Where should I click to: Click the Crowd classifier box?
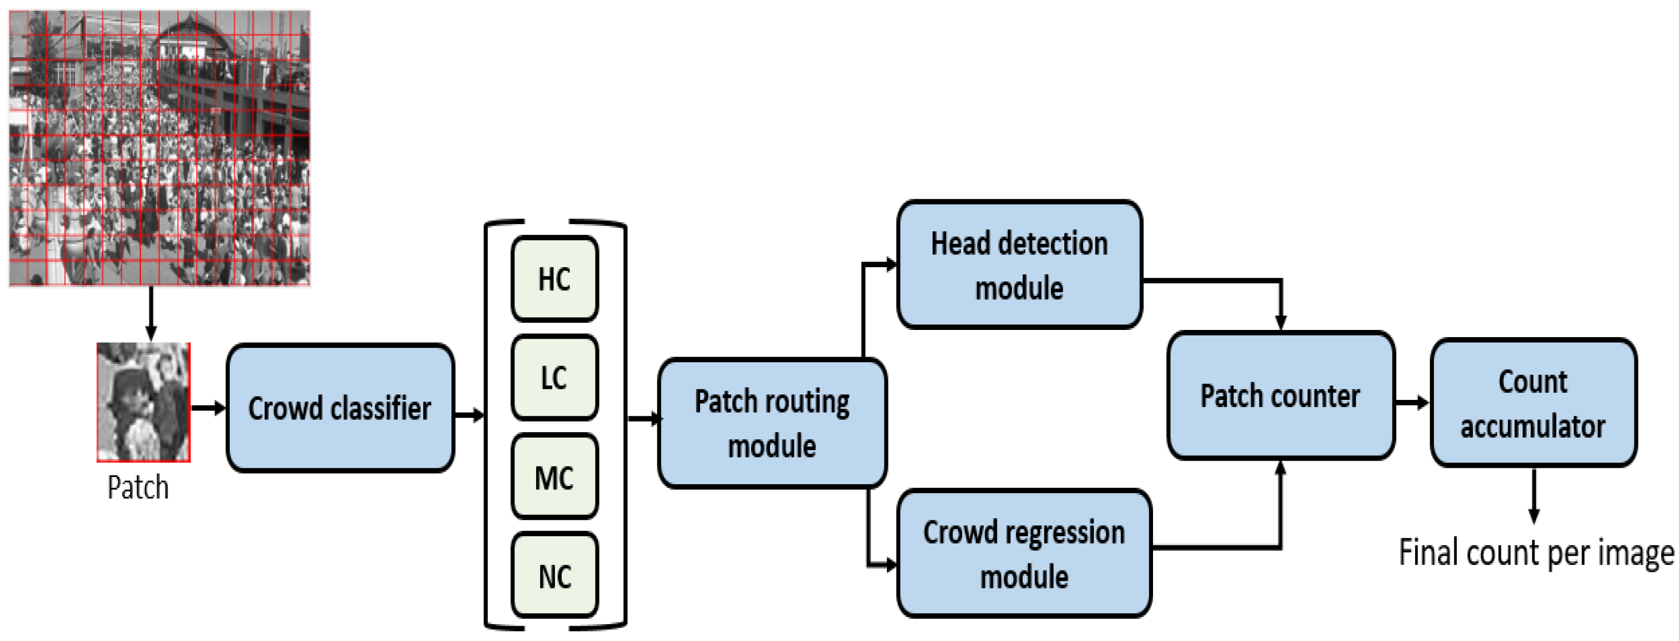(340, 408)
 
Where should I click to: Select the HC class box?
(555, 279)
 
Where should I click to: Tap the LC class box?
(555, 377)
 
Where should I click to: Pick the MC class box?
(555, 477)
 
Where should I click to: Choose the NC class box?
(555, 576)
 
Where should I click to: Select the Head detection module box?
(1019, 265)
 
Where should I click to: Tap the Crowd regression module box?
(1024, 554)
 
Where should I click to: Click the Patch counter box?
(1280, 396)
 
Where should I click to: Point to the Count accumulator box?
(1533, 403)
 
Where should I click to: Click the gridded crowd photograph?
(160, 148)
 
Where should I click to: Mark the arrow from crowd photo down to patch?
(151, 314)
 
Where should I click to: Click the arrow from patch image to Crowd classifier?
(208, 408)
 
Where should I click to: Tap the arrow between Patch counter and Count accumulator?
(1412, 403)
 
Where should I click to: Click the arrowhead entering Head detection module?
(891, 265)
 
